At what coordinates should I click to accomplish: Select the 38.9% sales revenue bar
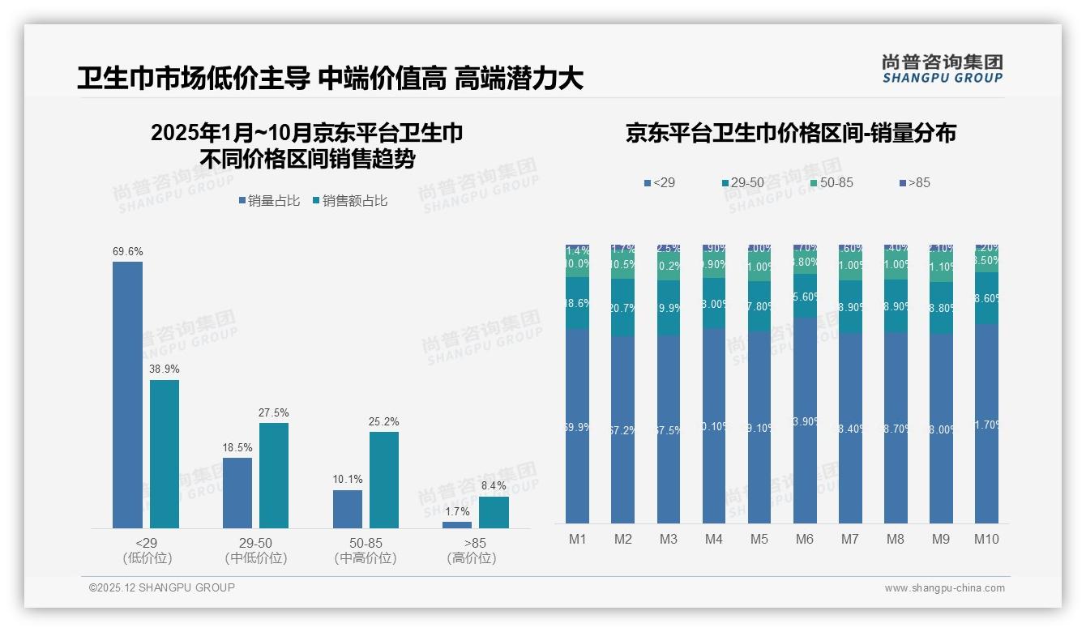pos(165,454)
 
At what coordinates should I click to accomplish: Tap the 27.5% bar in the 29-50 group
pos(274,476)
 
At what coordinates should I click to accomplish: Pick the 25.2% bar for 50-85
pos(384,480)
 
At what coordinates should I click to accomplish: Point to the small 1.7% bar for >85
pos(457,525)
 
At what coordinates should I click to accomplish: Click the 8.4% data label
pos(494,485)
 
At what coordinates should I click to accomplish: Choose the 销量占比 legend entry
pos(271,201)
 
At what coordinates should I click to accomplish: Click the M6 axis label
pos(805,539)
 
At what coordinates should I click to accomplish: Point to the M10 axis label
pos(986,539)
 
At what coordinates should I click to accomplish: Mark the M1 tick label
pos(578,539)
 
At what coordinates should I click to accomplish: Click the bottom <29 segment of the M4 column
pos(714,425)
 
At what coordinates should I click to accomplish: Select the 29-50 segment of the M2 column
pos(623,307)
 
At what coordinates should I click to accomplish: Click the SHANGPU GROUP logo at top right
pos(942,69)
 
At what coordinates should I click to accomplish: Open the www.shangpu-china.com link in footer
pos(944,588)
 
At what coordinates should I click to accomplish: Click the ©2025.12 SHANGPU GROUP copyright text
pos(162,587)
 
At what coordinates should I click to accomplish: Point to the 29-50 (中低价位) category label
pos(256,550)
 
